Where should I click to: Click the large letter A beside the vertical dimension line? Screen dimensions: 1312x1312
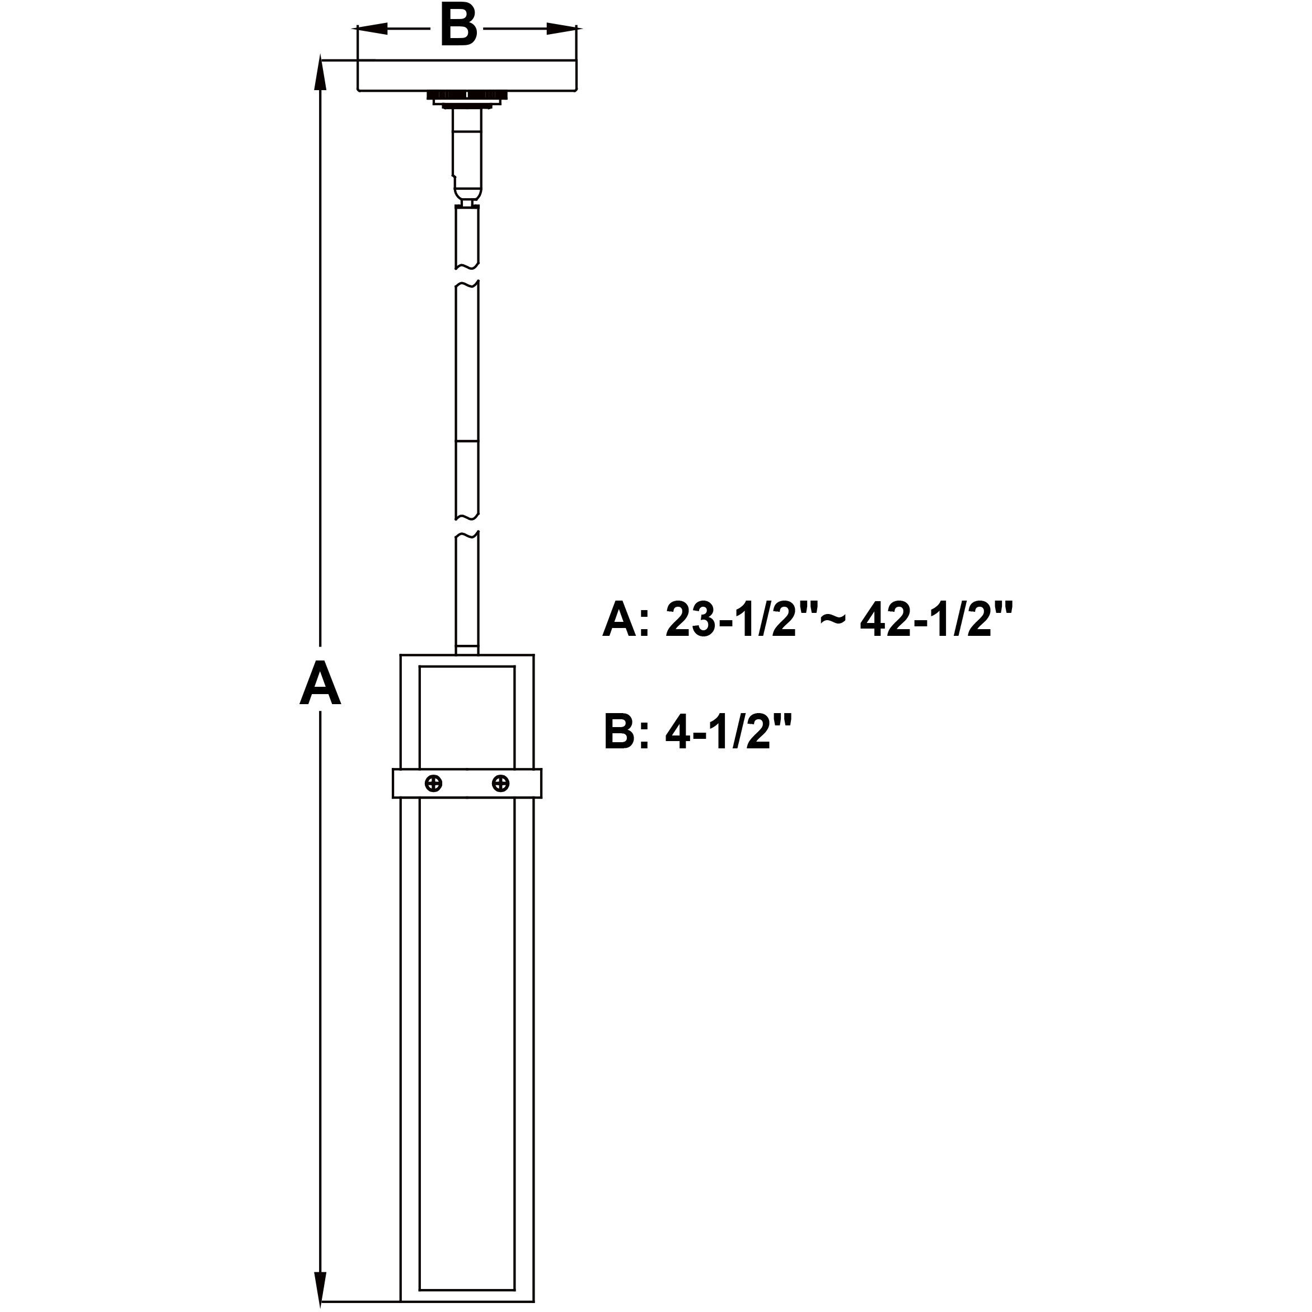click(320, 685)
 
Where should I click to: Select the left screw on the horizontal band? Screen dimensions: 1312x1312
click(433, 783)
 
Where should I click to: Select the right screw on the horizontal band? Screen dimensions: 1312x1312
click(500, 783)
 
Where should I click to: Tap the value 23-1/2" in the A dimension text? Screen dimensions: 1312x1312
click(730, 619)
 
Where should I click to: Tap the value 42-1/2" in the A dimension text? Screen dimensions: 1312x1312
click(936, 619)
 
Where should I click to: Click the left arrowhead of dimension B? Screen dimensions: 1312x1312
click(373, 29)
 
